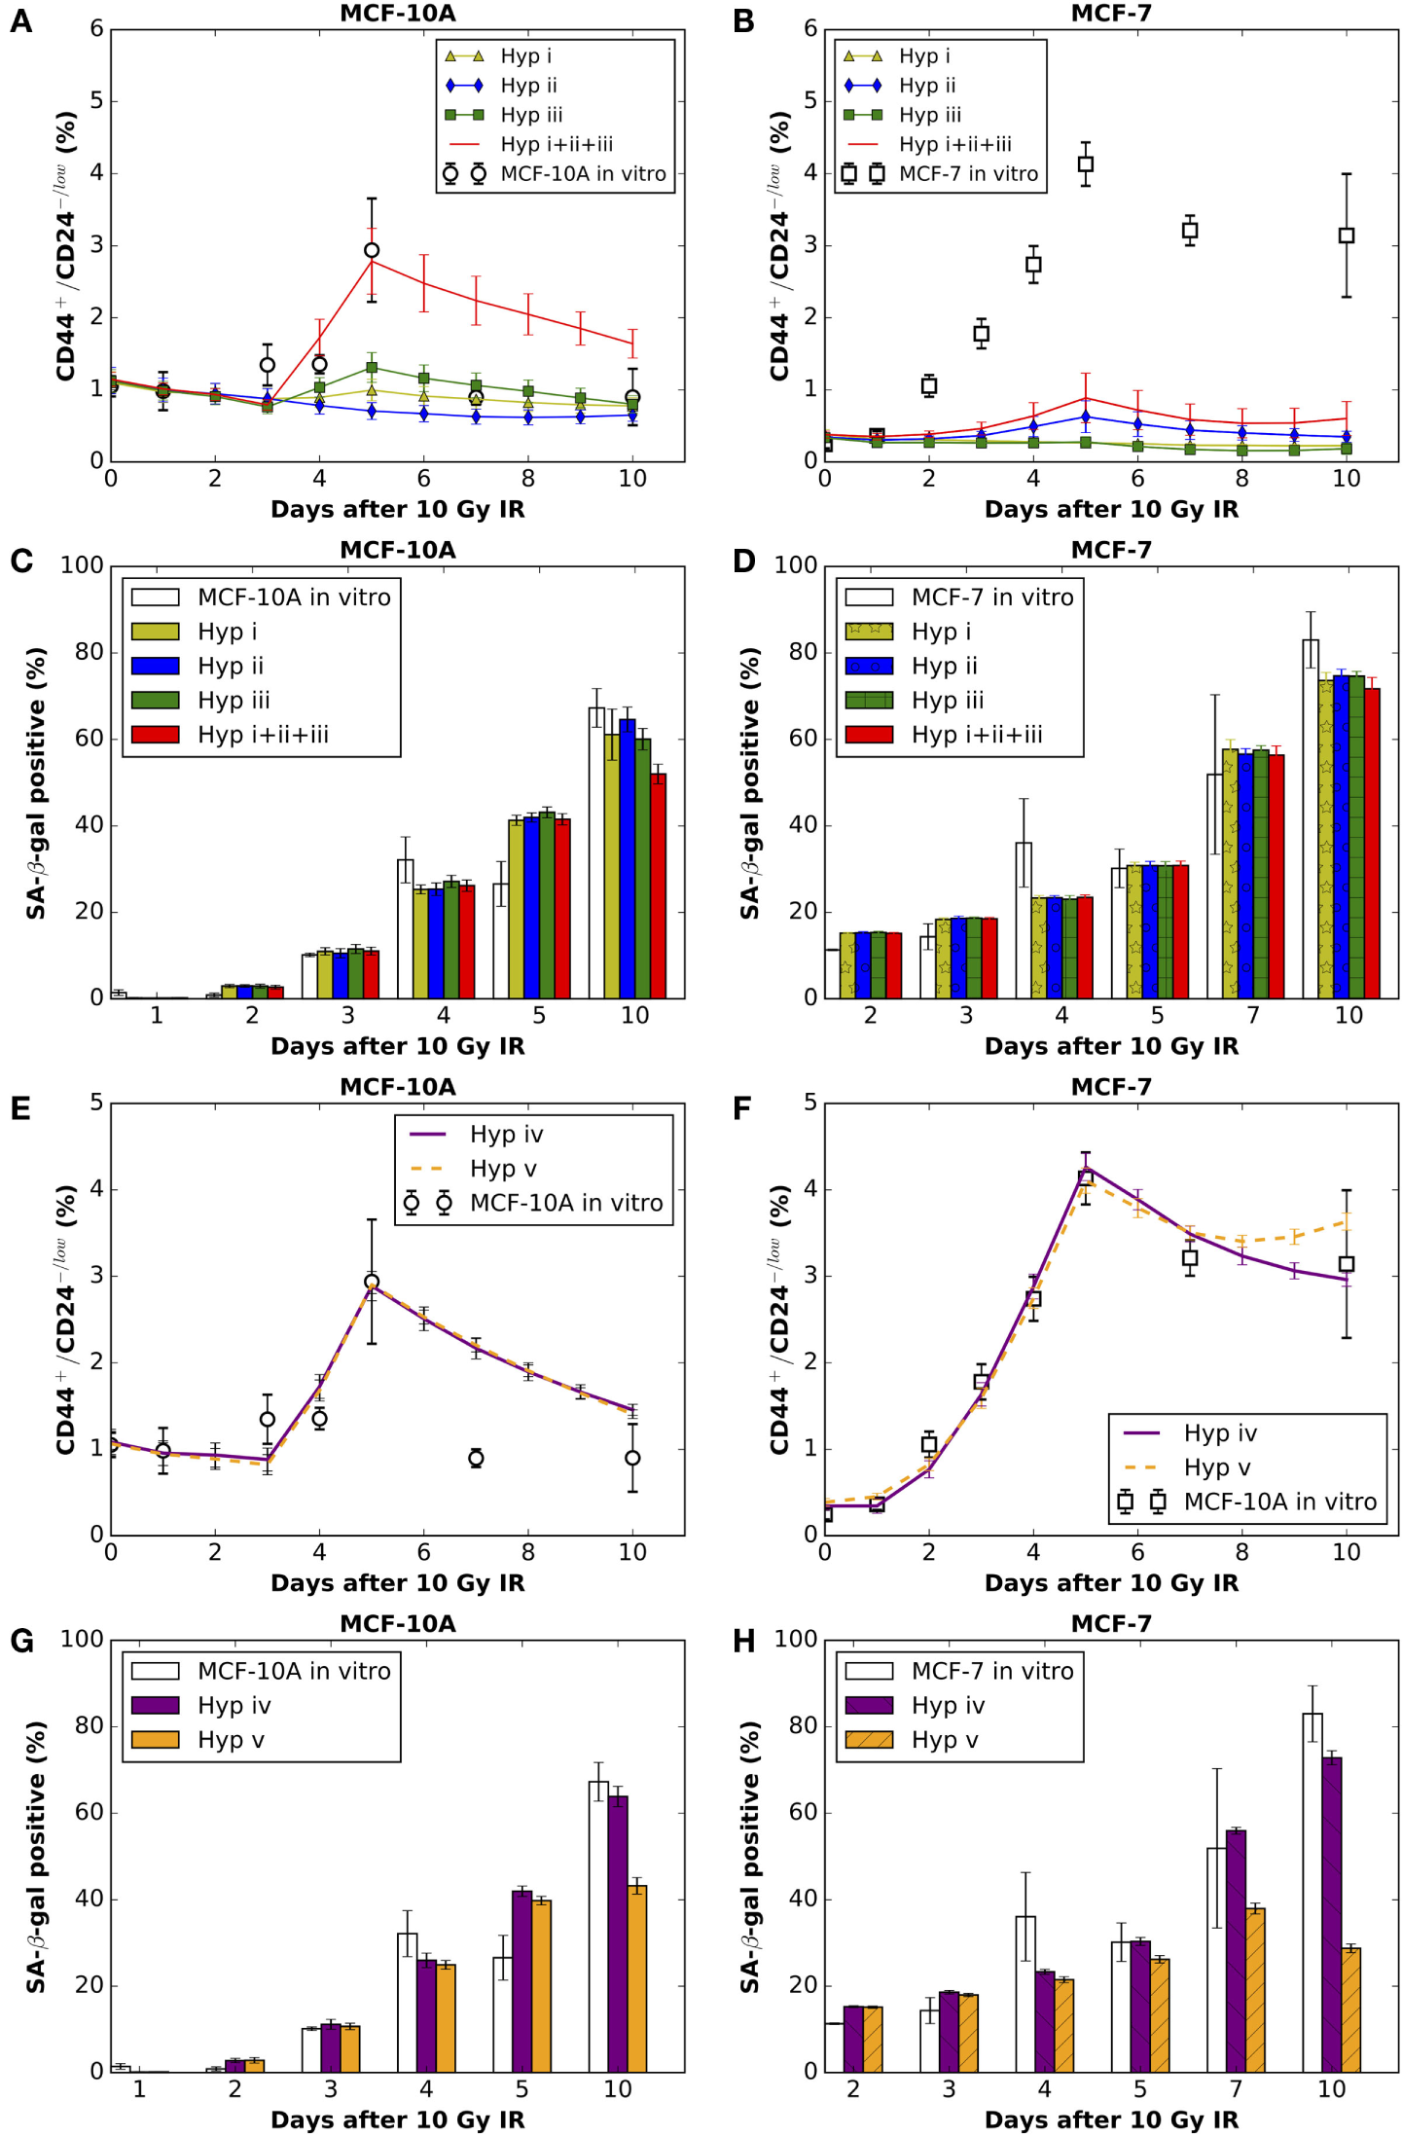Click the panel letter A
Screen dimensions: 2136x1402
tap(20, 21)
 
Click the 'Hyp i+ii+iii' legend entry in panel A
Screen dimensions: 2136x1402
tap(556, 145)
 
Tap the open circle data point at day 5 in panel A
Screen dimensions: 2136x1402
tap(372, 250)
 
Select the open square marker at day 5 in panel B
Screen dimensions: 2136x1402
tap(1086, 164)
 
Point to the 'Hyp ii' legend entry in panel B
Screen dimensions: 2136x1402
tap(926, 86)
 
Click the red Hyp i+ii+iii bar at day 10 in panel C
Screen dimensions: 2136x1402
tap(659, 886)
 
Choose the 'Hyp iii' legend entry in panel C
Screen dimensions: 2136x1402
tap(234, 701)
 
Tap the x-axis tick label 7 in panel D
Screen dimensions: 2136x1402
tap(1253, 1016)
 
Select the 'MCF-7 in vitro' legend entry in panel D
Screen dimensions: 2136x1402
tap(991, 597)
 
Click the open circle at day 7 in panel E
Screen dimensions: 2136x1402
tap(476, 1458)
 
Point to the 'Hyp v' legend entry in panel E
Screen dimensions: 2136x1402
tap(502, 1169)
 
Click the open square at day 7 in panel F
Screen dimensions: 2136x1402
tap(1190, 1258)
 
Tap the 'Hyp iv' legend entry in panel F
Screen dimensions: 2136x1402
tap(1220, 1433)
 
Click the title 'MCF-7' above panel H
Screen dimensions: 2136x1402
tap(1111, 1624)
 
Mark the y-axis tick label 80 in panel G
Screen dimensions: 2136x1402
tap(89, 1726)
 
